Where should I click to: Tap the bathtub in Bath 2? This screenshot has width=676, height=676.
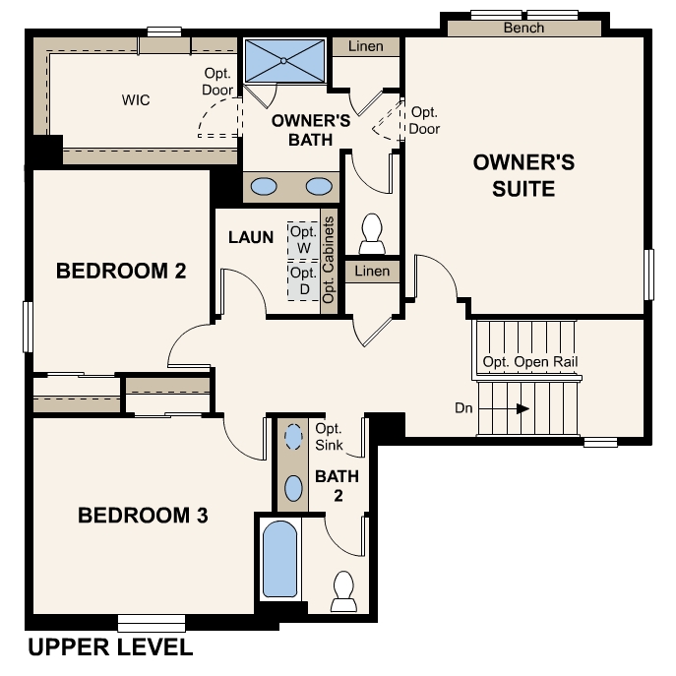coord(279,559)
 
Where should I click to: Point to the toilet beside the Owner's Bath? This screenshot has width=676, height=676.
coord(372,232)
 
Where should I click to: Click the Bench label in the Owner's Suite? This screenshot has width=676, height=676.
coord(523,28)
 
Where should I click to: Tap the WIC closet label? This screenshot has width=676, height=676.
coord(136,100)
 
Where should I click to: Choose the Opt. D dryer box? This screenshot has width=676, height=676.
coord(303,280)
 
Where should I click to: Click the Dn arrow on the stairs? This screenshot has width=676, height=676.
coord(522,408)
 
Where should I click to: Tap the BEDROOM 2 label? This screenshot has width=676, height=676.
coord(121,271)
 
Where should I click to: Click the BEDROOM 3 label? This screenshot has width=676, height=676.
coord(143,515)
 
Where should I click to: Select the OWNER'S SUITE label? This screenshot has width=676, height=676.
coord(523,174)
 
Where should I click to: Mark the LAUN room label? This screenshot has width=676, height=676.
coord(251,237)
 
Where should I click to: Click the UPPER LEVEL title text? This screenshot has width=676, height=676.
coord(109,647)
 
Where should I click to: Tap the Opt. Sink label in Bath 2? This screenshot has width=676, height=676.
coord(329,437)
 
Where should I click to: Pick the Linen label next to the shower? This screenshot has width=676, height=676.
coord(366,46)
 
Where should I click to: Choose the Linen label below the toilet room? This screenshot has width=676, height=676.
coord(372,271)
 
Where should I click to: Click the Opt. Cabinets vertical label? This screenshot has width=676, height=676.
coord(329,259)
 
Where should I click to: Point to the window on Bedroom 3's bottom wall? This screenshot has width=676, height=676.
coord(152,622)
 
